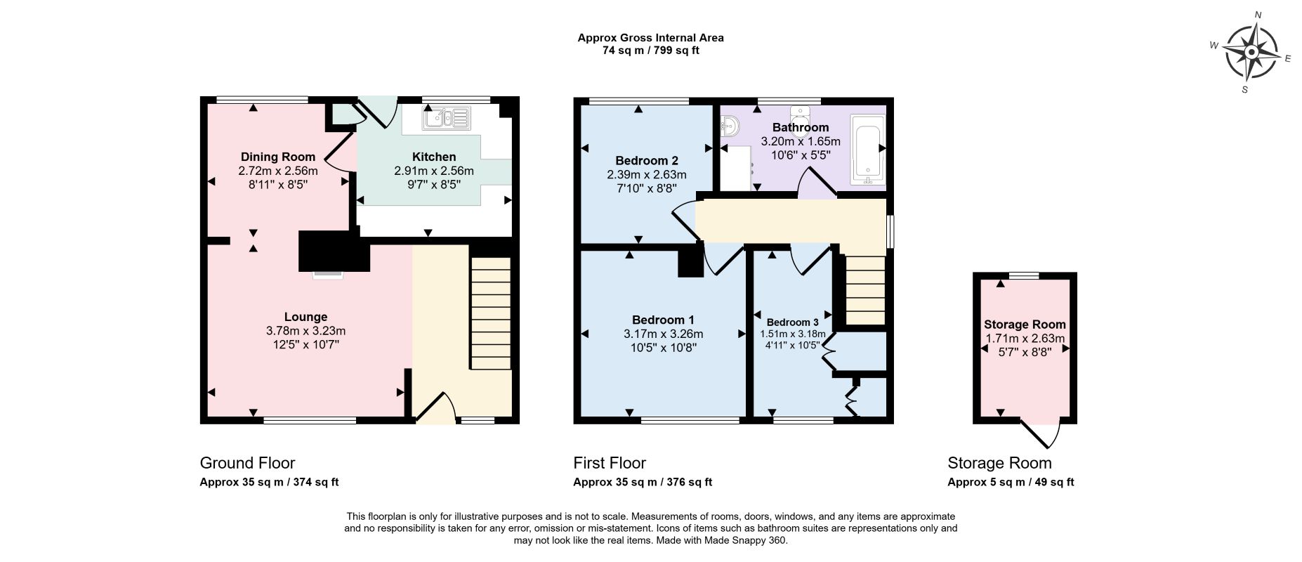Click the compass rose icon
[x=1251, y=53]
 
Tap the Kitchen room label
[x=434, y=157]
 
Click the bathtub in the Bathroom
[x=868, y=150]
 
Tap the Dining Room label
[x=278, y=157]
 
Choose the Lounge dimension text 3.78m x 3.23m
[x=306, y=331]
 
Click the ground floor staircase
[x=490, y=313]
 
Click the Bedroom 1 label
[x=663, y=320]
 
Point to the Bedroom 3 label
[x=792, y=322]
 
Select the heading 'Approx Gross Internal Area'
[x=650, y=38]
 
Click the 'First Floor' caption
[x=610, y=463]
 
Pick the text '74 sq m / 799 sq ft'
[x=651, y=51]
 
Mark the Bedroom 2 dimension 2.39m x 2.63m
[x=647, y=175]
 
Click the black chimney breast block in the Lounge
[x=334, y=251]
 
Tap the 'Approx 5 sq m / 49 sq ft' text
[x=1011, y=482]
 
